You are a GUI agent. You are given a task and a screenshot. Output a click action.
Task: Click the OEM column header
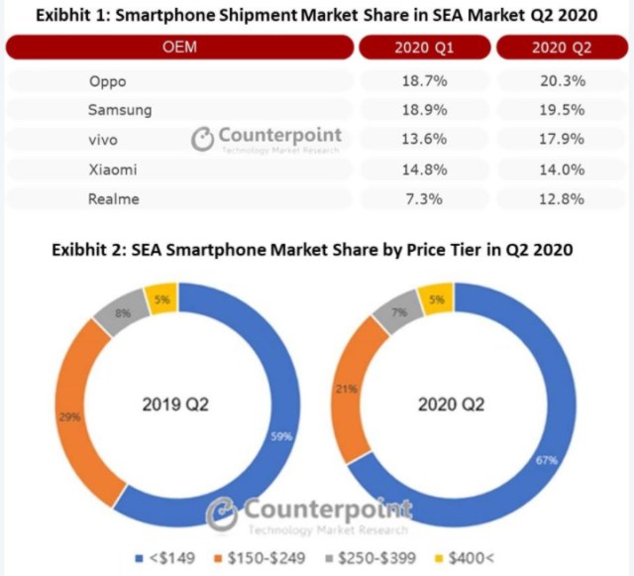(179, 47)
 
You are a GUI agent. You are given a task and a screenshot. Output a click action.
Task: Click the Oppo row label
(108, 81)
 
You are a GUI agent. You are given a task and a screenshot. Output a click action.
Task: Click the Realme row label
(114, 198)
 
